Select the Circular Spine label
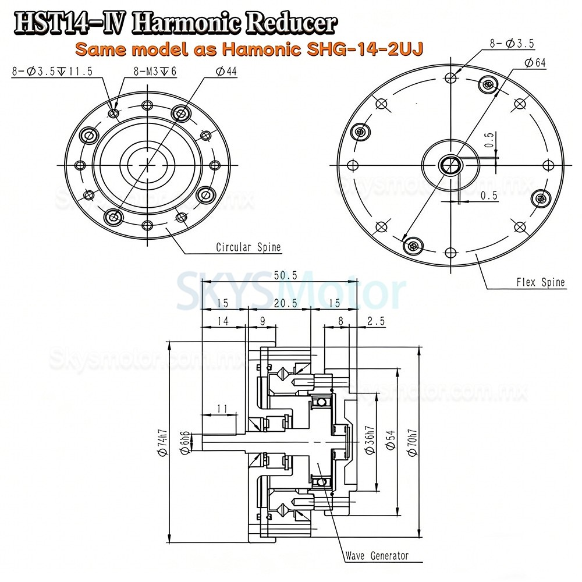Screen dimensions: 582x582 click(248, 247)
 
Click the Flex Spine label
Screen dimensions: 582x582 click(540, 283)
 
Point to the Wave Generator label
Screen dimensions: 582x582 click(377, 556)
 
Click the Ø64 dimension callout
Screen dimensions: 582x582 click(534, 64)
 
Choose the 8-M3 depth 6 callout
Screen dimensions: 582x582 click(148, 71)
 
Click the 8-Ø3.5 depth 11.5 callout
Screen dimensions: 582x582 click(52, 71)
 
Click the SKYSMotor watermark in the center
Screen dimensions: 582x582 click(290, 289)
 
